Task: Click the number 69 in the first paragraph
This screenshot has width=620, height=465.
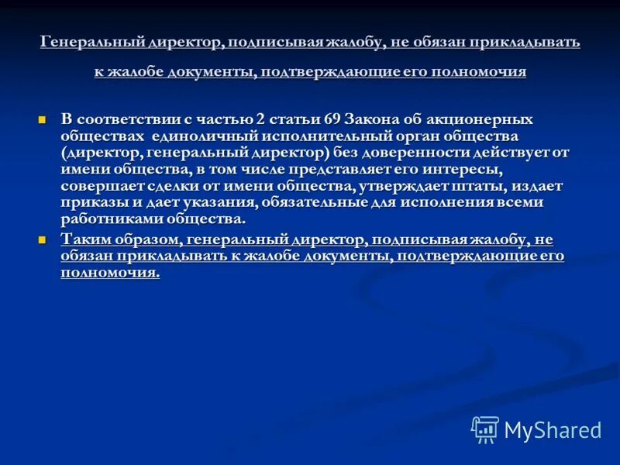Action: click(335, 119)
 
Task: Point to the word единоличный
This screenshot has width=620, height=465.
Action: click(184, 136)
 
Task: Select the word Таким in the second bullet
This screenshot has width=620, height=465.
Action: click(85, 239)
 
